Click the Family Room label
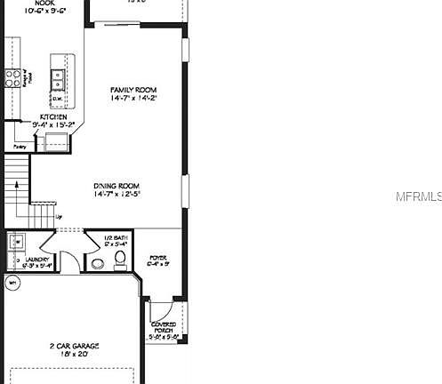[x=133, y=91]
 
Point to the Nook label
[x=45, y=3]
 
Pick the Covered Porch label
[x=165, y=327]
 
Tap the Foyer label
[x=158, y=257]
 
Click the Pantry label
[x=19, y=147]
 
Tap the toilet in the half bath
[x=121, y=260]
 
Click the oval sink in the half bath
[x=96, y=262]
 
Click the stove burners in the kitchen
[x=14, y=76]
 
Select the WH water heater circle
[x=12, y=284]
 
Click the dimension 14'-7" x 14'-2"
[x=133, y=100]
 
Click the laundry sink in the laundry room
[x=16, y=240]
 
